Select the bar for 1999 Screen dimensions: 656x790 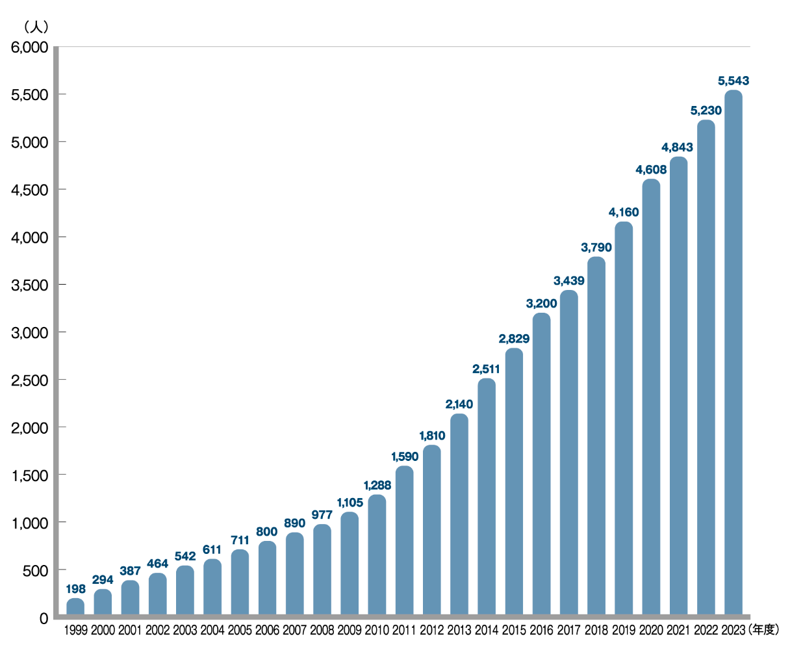coord(75,607)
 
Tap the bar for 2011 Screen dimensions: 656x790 coord(404,540)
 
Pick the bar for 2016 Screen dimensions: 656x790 coord(541,464)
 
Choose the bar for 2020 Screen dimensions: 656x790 coord(651,397)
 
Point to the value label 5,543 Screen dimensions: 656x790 coord(733,81)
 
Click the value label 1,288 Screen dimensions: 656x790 coord(377,485)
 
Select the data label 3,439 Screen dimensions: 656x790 coord(568,281)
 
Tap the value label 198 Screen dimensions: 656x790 coord(75,589)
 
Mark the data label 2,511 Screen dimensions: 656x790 coord(486,369)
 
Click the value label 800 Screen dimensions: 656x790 coord(267,532)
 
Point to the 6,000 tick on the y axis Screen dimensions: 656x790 coord(30,47)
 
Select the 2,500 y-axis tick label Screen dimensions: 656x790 coord(30,380)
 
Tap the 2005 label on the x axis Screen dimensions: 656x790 coord(240,630)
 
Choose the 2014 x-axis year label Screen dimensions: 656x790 coord(486,630)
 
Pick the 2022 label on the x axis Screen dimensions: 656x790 coord(706,630)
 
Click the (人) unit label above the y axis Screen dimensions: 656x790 coord(34,27)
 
